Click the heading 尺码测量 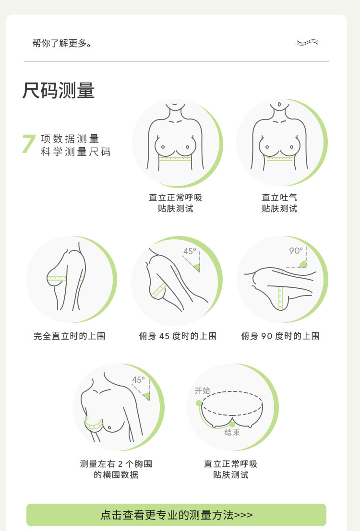click(x=58, y=91)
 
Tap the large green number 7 click(x=29, y=144)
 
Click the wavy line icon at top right click(x=308, y=42)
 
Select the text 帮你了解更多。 click(x=62, y=43)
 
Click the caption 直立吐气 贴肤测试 click(x=279, y=203)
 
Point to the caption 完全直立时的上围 click(x=70, y=336)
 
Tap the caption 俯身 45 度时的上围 click(x=178, y=336)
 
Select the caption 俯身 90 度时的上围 click(x=280, y=336)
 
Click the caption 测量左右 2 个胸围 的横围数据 click(x=116, y=469)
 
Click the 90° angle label click(x=296, y=250)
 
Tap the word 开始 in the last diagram click(x=203, y=391)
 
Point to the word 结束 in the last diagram click(x=232, y=433)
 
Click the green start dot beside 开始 click(x=199, y=403)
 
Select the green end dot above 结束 click(x=232, y=425)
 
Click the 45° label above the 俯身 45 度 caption click(x=190, y=251)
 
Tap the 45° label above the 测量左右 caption click(x=138, y=379)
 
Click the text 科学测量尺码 click(x=76, y=152)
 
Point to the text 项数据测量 click(x=70, y=139)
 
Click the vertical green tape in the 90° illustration click(x=280, y=290)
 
